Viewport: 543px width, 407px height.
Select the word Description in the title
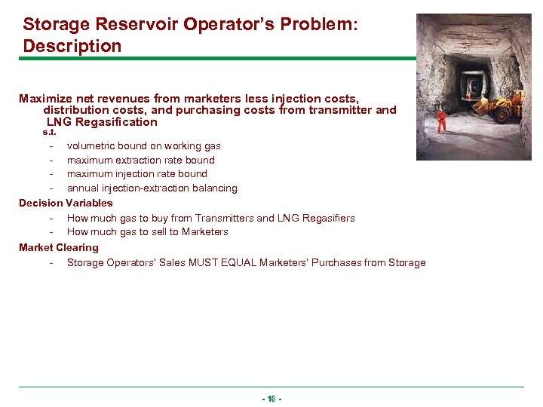coord(72,46)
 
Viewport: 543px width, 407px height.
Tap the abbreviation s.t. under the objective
coord(49,132)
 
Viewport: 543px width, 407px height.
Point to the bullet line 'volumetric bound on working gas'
coord(143,145)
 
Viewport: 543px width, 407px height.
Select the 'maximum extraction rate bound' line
coord(140,160)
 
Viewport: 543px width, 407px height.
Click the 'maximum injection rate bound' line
coord(137,173)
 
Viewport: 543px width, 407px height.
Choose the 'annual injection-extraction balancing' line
coord(152,188)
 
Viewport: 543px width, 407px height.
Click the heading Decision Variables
coord(66,203)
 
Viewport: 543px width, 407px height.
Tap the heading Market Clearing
coord(59,247)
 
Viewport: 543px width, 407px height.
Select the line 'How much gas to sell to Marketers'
coord(147,231)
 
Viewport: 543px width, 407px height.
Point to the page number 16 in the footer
coord(271,398)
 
